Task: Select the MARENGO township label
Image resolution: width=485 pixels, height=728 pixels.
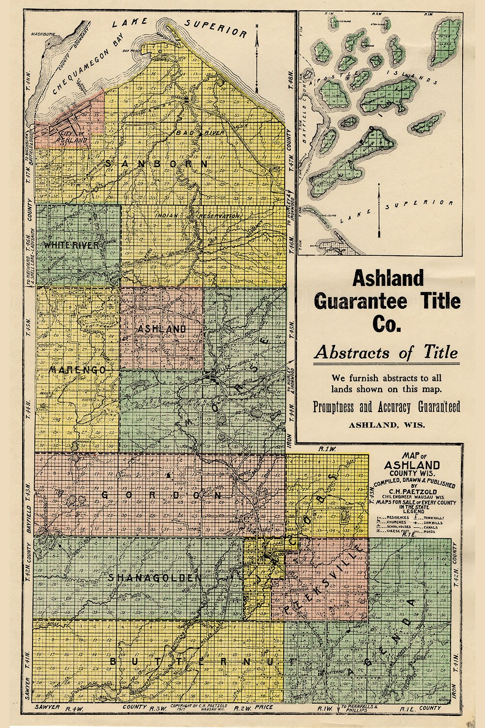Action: pos(77,370)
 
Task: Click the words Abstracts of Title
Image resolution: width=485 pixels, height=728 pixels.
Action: pos(386,353)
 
